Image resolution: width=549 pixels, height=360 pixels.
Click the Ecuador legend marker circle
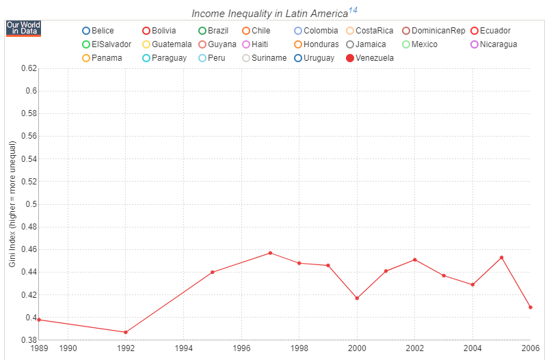click(x=474, y=31)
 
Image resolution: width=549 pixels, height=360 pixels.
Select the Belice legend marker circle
click(x=85, y=31)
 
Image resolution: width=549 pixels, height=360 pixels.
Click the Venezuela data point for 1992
click(x=126, y=333)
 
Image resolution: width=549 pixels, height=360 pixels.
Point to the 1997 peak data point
click(x=270, y=253)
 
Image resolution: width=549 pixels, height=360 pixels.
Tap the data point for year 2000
click(x=357, y=298)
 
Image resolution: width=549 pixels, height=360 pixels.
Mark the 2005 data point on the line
click(x=501, y=258)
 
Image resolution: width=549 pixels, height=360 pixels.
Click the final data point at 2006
click(x=531, y=307)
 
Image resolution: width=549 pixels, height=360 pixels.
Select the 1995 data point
click(x=213, y=272)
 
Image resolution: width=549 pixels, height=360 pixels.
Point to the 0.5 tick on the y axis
click(x=31, y=204)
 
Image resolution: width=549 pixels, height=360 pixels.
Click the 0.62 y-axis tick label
click(x=28, y=68)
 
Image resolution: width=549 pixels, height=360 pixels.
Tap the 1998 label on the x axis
click(x=299, y=348)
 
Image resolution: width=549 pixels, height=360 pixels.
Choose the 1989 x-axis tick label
click(x=40, y=348)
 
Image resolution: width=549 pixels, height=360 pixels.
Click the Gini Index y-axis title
click(x=12, y=204)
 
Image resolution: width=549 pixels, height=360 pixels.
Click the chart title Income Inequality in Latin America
click(x=269, y=14)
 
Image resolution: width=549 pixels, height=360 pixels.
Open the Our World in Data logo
click(x=23, y=28)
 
